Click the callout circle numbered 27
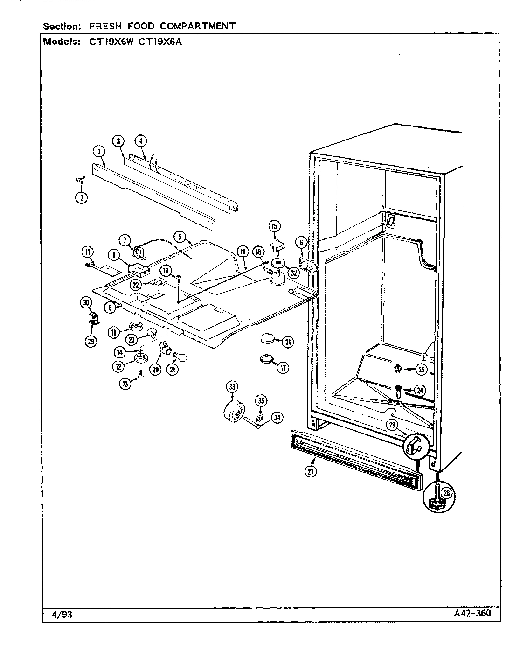(x=311, y=472)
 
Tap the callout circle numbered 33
(x=231, y=386)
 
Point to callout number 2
(x=82, y=197)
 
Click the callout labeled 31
(x=288, y=342)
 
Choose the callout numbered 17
(x=283, y=368)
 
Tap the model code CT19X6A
(x=149, y=41)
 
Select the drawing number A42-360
(x=471, y=613)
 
